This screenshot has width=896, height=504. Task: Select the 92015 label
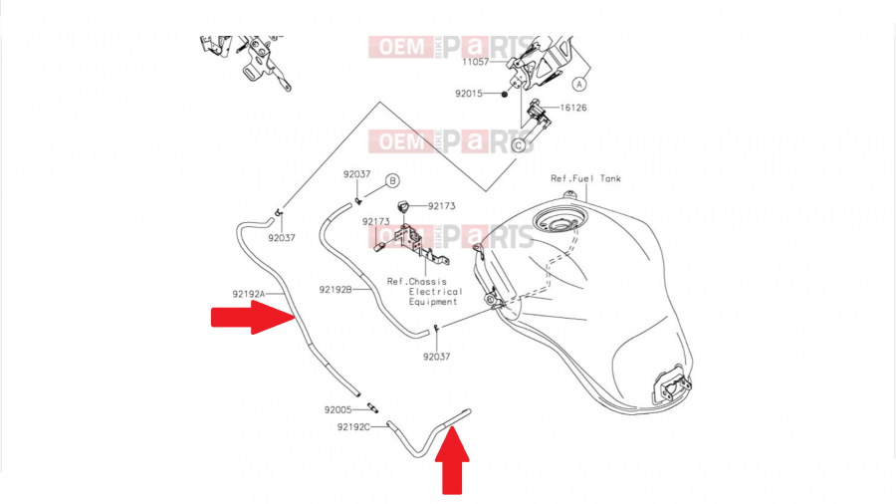click(x=468, y=94)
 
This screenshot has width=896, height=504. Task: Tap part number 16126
click(x=572, y=108)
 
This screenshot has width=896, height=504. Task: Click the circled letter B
click(x=392, y=180)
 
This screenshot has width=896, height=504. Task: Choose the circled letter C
click(x=518, y=145)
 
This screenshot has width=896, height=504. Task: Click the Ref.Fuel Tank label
click(x=585, y=179)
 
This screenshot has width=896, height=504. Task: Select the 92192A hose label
click(x=250, y=294)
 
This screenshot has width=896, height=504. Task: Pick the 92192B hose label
click(x=336, y=290)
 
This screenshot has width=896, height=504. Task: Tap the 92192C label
click(x=353, y=427)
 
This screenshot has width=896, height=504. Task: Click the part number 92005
click(x=337, y=409)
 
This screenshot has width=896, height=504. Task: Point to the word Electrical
click(x=435, y=292)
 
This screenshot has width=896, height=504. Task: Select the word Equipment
click(x=432, y=302)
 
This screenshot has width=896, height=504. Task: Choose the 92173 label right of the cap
click(x=442, y=206)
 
